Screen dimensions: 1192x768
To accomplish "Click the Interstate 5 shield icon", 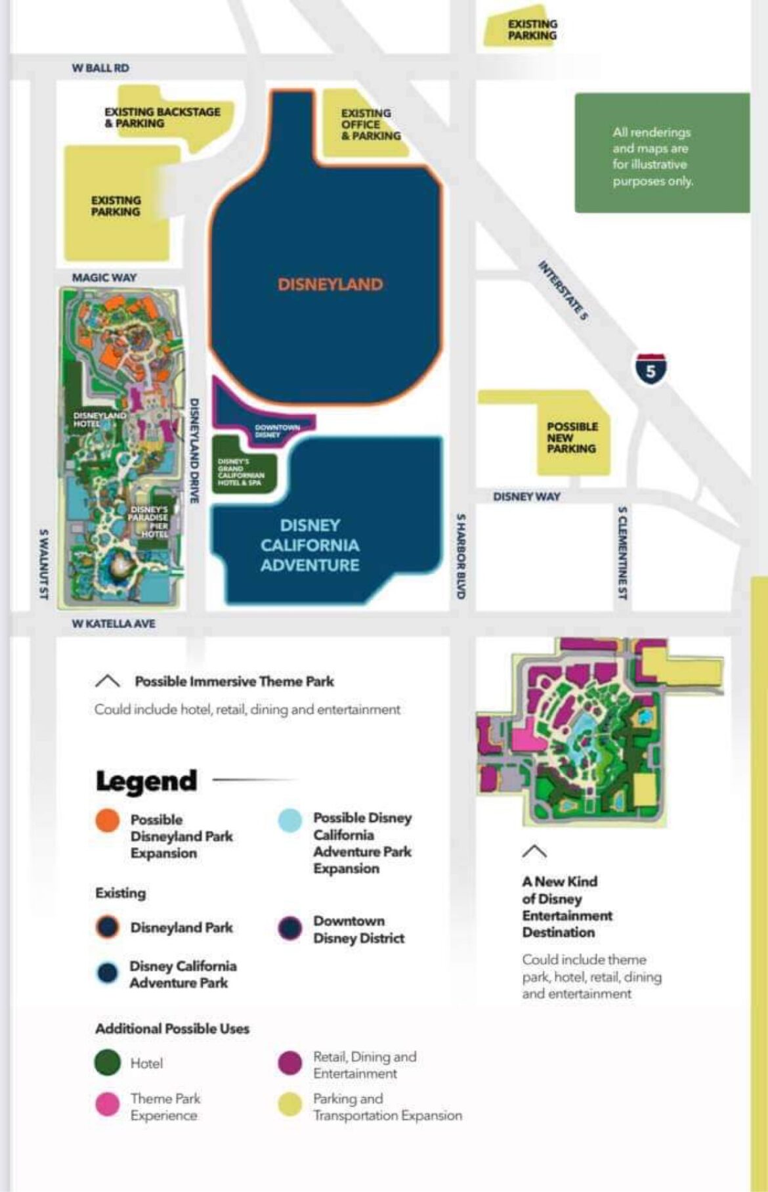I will pos(651,370).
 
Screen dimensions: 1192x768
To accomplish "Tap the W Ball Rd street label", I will pos(100,68).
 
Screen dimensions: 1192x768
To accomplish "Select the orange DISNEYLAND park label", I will pos(330,284).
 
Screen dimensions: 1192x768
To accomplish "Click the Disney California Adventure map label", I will pos(310,545).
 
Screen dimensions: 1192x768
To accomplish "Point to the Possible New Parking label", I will pos(572,437).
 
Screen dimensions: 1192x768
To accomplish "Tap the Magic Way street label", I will pos(104,278).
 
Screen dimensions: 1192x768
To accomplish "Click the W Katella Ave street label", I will pos(114,623).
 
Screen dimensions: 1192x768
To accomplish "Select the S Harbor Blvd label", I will pos(461,556).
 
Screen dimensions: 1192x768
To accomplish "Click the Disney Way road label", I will pos(526,497).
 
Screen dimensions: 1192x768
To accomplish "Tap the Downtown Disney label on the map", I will pos(277,431).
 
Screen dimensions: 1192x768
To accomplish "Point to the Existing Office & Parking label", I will pos(370,124).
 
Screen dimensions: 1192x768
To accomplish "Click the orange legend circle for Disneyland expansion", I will pos(108,821).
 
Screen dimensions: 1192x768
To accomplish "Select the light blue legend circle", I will pos(290,820).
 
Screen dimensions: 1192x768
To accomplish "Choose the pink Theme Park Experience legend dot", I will pos(108,1104).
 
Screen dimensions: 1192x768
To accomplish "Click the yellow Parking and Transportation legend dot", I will pos(290,1104).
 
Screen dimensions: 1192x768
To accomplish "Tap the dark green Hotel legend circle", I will pos(108,1063).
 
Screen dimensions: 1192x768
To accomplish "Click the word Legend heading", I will pos(146,780).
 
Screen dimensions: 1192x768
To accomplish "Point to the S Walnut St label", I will pos(43,564).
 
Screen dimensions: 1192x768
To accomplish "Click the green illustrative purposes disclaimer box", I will pos(662,153).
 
